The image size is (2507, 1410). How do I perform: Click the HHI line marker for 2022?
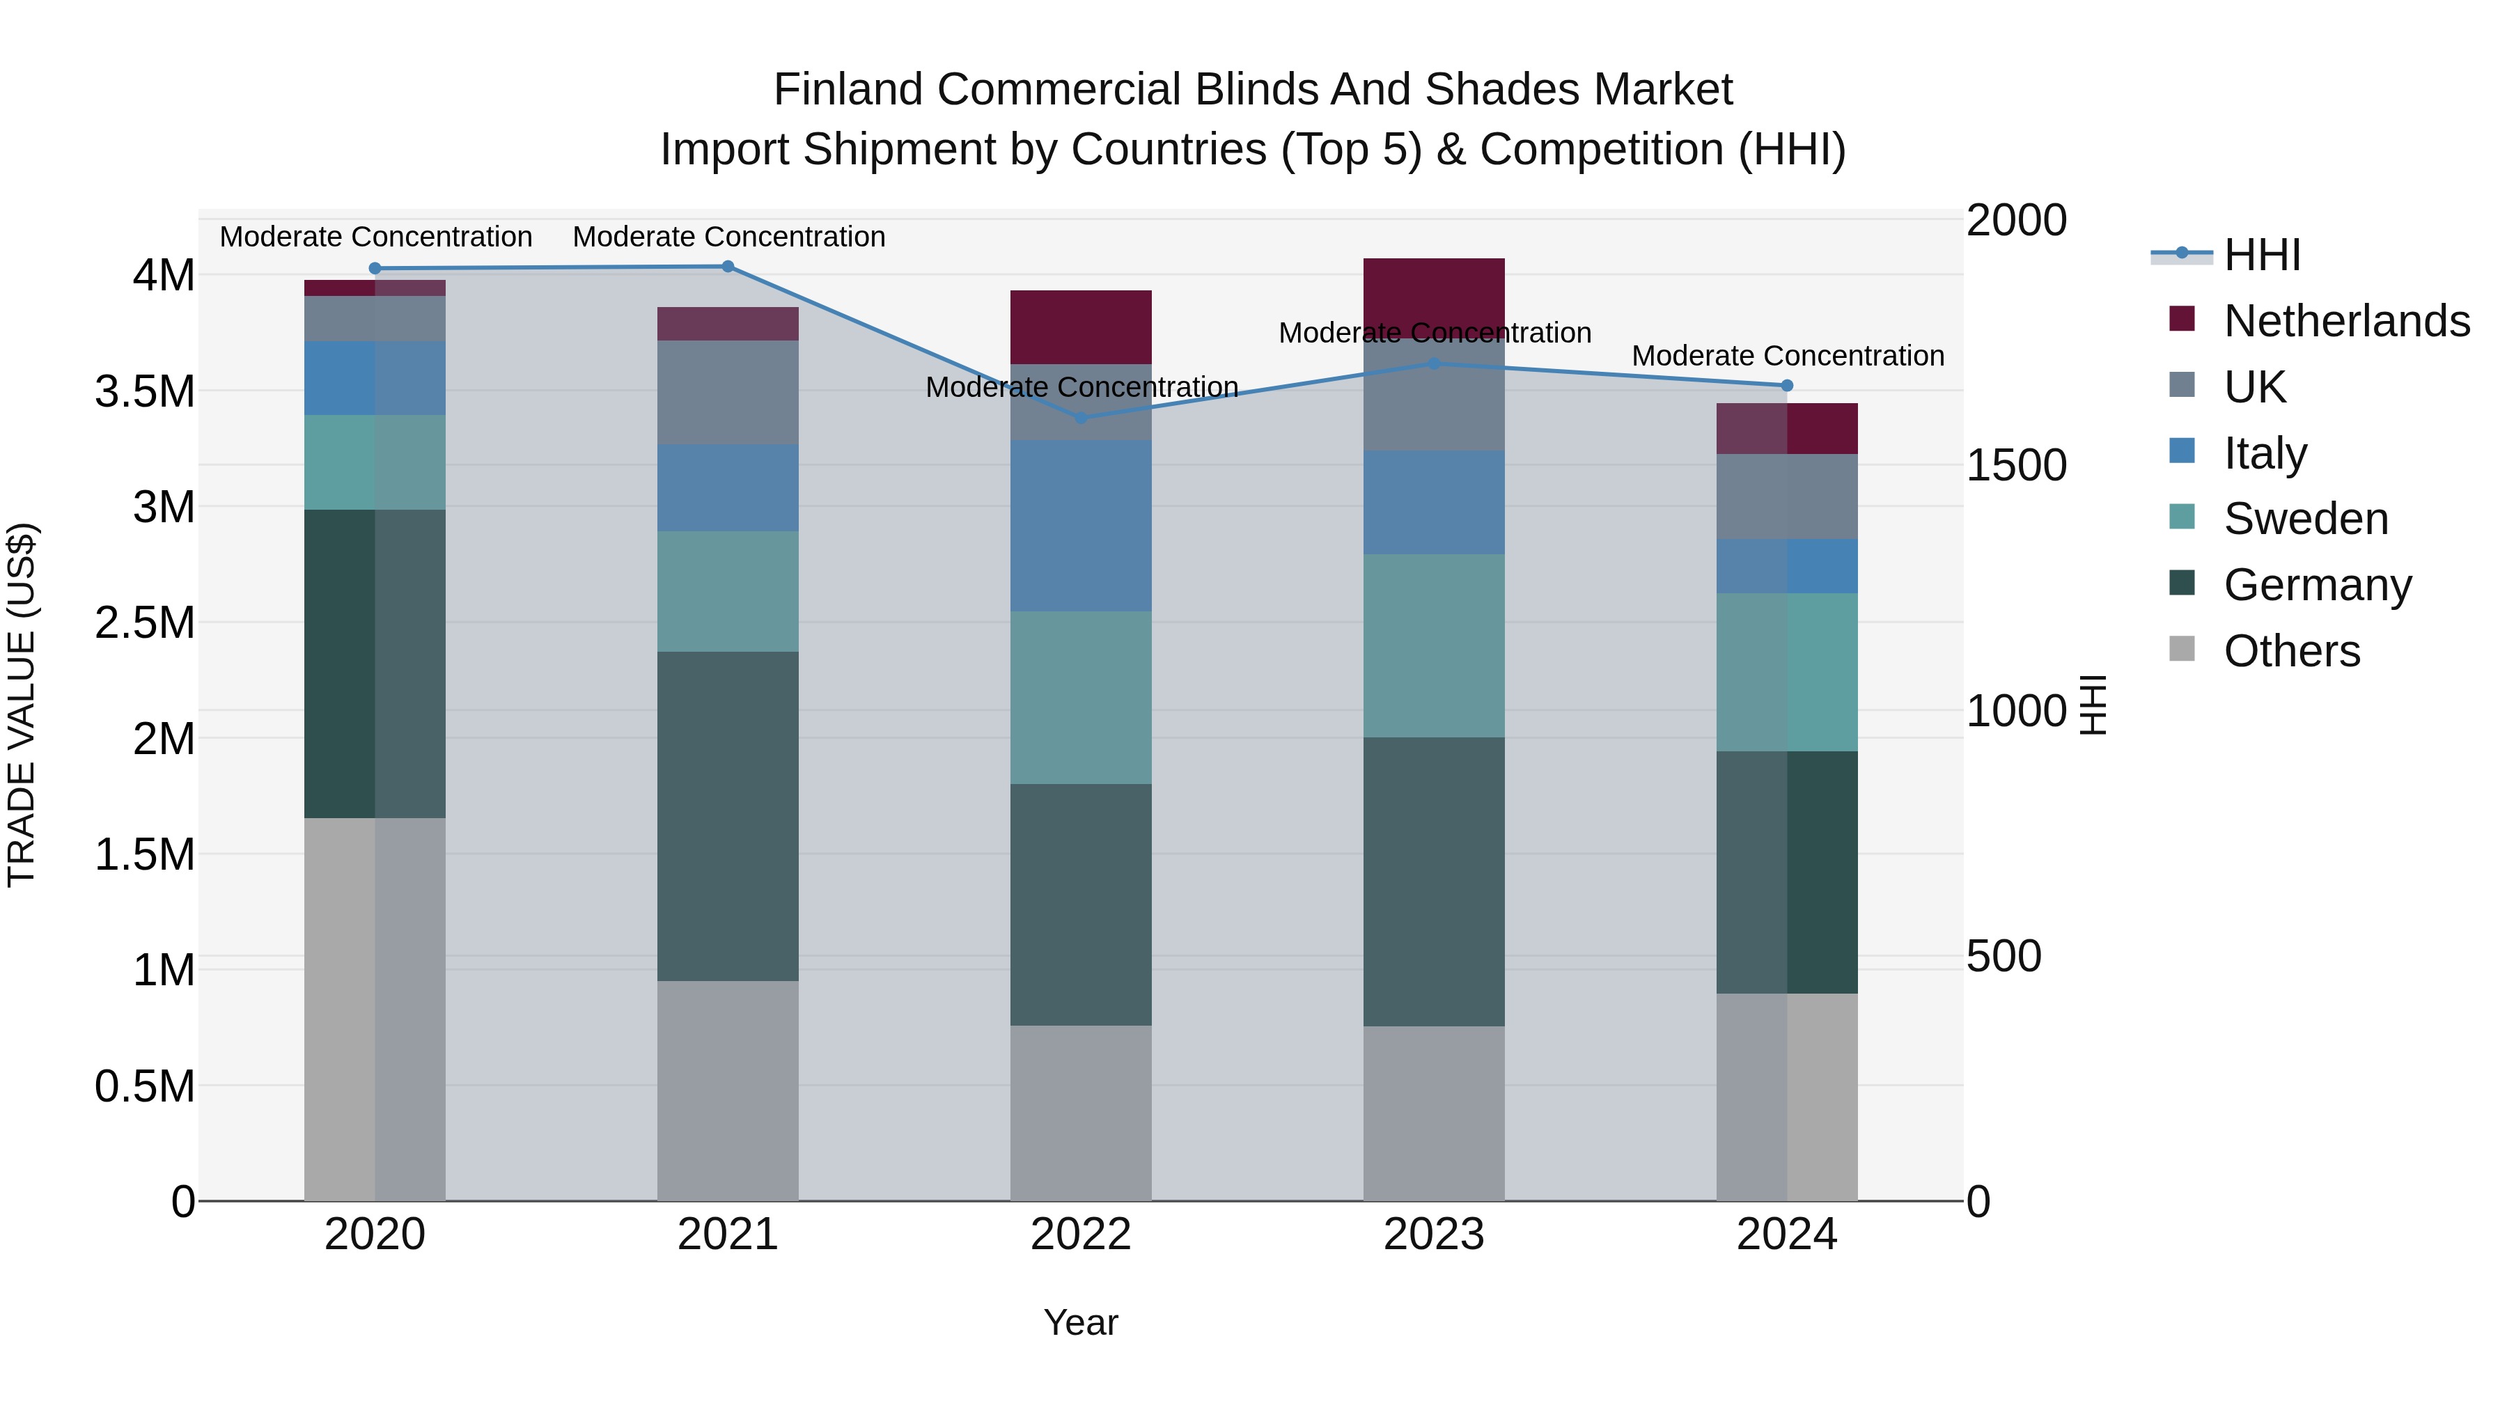[x=1080, y=418]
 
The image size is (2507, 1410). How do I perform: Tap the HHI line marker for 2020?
[x=375, y=269]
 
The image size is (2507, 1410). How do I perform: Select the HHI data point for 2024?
[x=1787, y=385]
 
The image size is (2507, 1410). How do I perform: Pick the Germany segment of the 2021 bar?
[x=728, y=815]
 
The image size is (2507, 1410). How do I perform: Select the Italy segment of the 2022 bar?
[x=1080, y=526]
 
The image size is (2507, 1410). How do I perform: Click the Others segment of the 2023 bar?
[x=1434, y=1113]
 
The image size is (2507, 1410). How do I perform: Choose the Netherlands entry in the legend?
[x=2345, y=321]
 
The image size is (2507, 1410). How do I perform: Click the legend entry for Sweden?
[x=2304, y=519]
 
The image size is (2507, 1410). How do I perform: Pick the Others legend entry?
[x=2291, y=651]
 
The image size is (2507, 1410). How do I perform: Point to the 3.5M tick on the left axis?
[x=145, y=391]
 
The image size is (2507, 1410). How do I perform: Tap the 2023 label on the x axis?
[x=1434, y=1235]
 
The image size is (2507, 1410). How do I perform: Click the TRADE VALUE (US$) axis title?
[x=22, y=705]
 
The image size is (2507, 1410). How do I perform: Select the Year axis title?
[x=1080, y=1322]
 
